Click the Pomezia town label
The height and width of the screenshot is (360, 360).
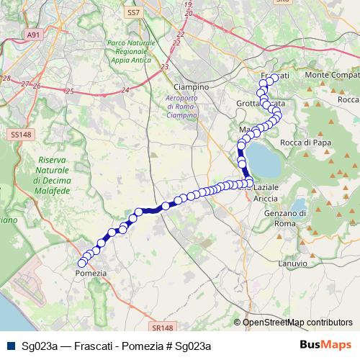[91, 274]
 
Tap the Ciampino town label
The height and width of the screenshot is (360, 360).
[191, 86]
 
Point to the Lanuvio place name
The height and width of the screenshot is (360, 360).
[292, 264]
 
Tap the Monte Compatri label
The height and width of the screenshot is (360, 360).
[331, 76]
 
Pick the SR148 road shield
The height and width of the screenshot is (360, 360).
[164, 306]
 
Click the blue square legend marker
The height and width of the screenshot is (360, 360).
[10, 346]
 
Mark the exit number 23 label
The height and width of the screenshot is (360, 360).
[165, 66]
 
